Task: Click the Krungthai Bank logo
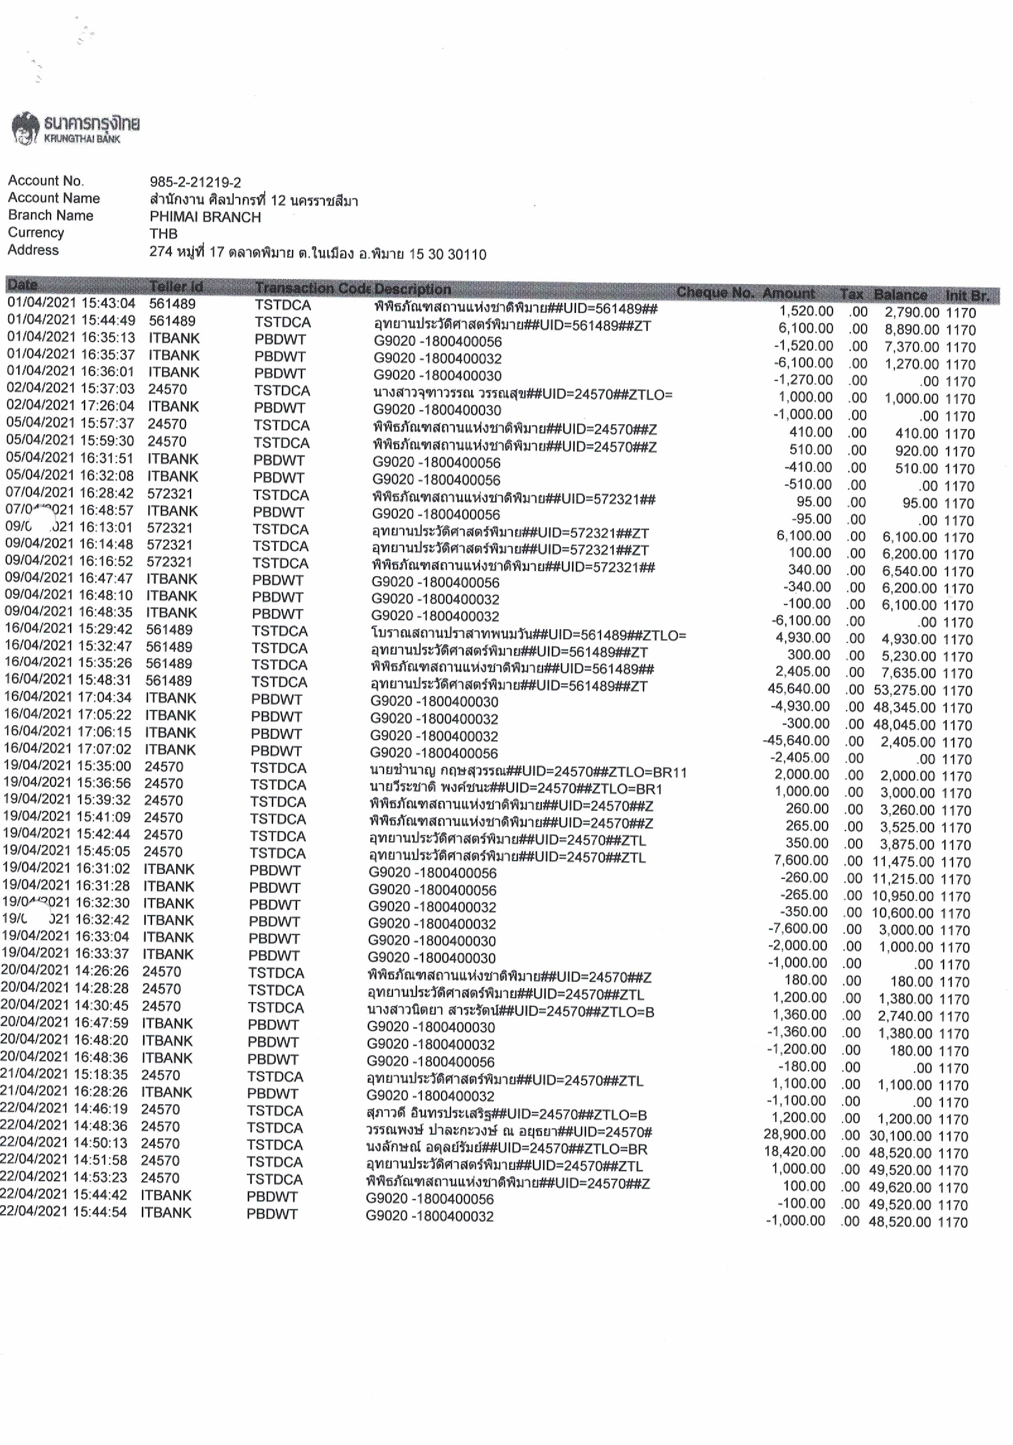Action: click(75, 128)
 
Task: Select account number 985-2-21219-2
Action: click(195, 182)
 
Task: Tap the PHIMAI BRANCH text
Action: click(205, 217)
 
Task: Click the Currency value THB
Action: click(163, 234)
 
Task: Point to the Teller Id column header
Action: click(176, 287)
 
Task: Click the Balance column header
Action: click(900, 294)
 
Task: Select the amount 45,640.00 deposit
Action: click(798, 688)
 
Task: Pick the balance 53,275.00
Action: click(905, 690)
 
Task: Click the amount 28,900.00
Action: click(794, 1135)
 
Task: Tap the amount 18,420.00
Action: click(794, 1152)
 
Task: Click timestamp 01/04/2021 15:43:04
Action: click(71, 304)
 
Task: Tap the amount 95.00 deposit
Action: click(814, 502)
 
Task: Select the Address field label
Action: click(33, 250)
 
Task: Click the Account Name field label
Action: click(54, 198)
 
